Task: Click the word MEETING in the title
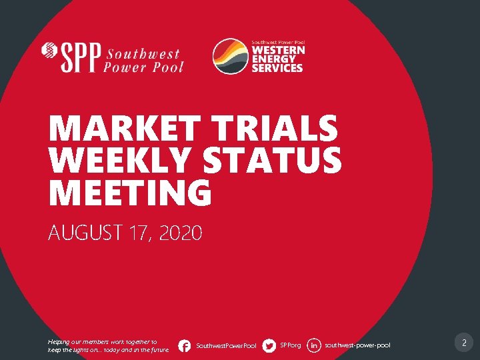[129, 193]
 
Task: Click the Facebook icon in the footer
[185, 345]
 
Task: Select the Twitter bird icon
[269, 345]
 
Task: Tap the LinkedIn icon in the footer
[314, 345]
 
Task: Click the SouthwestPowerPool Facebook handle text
[226, 346]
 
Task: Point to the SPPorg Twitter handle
[291, 345]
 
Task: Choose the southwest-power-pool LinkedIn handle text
[357, 345]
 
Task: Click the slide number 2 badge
[463, 344]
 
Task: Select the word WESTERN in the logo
[278, 51]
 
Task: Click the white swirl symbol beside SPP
[49, 51]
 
